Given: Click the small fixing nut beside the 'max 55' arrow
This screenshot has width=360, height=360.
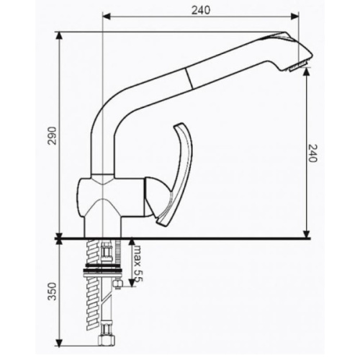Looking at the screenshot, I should click(116, 286).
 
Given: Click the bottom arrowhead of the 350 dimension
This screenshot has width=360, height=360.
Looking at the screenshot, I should click(58, 343).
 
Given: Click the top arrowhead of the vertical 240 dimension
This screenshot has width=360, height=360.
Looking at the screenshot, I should click(307, 73).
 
